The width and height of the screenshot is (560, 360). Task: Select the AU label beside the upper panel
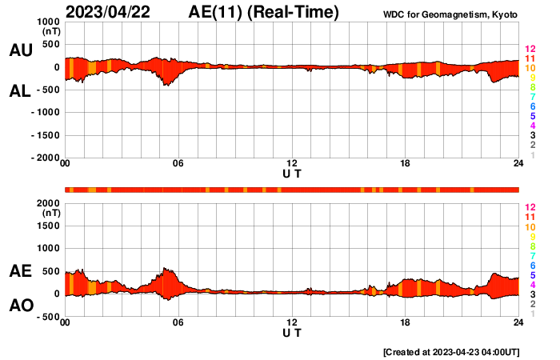[20, 50]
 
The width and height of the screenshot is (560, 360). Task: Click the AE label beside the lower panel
[20, 271]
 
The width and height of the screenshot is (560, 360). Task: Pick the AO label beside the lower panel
[20, 306]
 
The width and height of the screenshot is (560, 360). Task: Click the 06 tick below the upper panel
[178, 164]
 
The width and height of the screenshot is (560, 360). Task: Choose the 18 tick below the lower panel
[405, 322]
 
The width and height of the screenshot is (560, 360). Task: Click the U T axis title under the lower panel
[292, 332]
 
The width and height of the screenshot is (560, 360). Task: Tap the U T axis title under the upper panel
[292, 174]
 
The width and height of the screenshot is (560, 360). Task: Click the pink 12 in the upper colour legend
[529, 50]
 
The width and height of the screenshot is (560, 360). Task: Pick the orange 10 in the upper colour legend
[529, 69]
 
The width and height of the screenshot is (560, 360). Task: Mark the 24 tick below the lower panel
[518, 322]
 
